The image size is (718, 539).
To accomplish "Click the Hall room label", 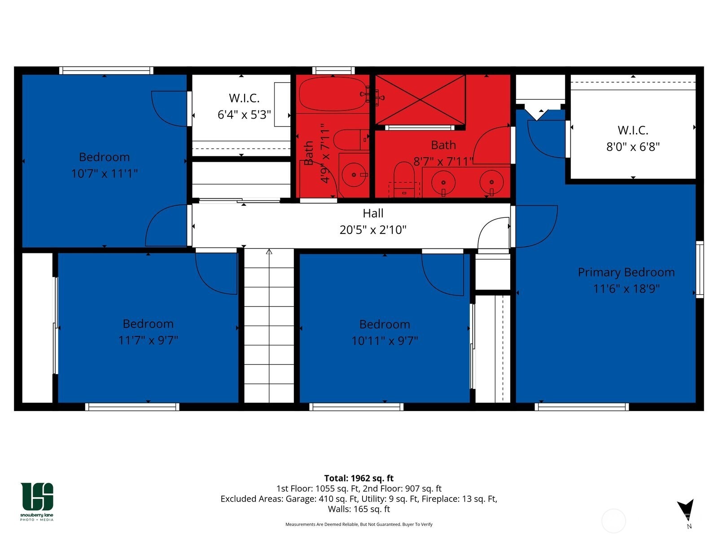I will click(x=373, y=213).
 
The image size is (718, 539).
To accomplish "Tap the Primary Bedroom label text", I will click(x=626, y=272).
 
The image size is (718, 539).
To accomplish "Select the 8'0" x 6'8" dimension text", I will click(x=633, y=147).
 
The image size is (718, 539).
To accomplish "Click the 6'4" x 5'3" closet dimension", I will click(x=244, y=115).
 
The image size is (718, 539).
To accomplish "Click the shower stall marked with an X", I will click(x=420, y=100).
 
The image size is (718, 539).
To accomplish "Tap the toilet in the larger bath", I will click(x=404, y=177).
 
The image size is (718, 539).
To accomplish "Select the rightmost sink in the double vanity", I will click(x=491, y=182).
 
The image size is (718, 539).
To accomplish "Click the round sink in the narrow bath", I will click(x=355, y=174).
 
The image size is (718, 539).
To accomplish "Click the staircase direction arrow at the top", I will click(x=269, y=252).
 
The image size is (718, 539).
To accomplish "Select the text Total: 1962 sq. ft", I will click(x=359, y=478).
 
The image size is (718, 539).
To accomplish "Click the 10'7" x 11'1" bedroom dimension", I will click(x=104, y=173).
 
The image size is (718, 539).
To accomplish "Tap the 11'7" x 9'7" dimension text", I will click(x=148, y=340).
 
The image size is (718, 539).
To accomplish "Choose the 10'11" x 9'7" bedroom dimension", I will click(x=385, y=341).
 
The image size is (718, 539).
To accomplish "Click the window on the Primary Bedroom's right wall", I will click(x=700, y=269).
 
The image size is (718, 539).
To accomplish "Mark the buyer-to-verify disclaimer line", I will click(x=359, y=524).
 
